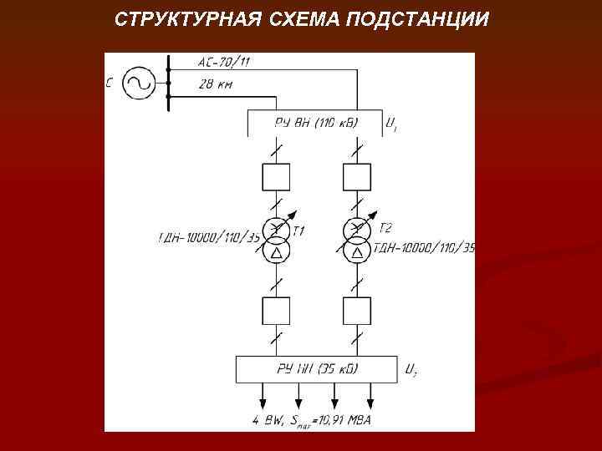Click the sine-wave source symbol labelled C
point(137,82)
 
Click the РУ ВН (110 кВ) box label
point(316,123)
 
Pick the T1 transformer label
point(299,229)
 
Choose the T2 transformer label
point(385,227)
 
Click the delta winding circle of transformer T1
point(276,251)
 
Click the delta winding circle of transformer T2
point(357,251)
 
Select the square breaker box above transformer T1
point(276,177)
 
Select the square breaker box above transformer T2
point(357,177)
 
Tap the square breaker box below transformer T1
point(276,312)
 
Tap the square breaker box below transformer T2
point(357,312)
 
